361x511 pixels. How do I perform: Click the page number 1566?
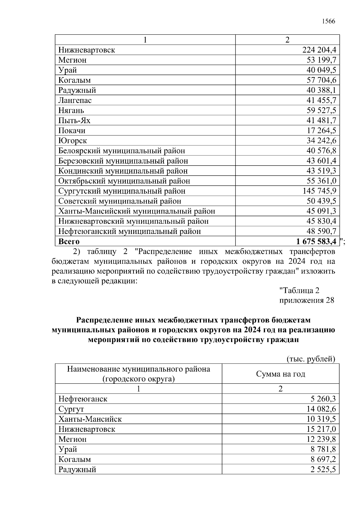click(329, 21)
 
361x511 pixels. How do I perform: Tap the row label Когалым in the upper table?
click(74, 80)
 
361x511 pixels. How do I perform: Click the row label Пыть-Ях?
click(74, 120)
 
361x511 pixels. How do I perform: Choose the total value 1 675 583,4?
click(316, 241)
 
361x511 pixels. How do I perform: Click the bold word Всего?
click(69, 241)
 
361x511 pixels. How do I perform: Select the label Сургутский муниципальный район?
click(122, 191)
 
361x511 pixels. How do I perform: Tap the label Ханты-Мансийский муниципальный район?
click(137, 211)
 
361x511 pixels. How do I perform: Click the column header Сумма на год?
click(280, 374)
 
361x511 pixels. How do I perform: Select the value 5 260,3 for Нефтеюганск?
click(323, 399)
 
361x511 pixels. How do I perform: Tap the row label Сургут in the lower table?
click(71, 409)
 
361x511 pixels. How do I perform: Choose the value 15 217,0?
click(321, 429)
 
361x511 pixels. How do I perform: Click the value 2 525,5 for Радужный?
click(323, 469)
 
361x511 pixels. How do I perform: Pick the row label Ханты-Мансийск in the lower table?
click(90, 419)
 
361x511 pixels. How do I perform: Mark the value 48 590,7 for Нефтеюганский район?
click(321, 231)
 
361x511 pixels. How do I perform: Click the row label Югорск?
click(73, 141)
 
